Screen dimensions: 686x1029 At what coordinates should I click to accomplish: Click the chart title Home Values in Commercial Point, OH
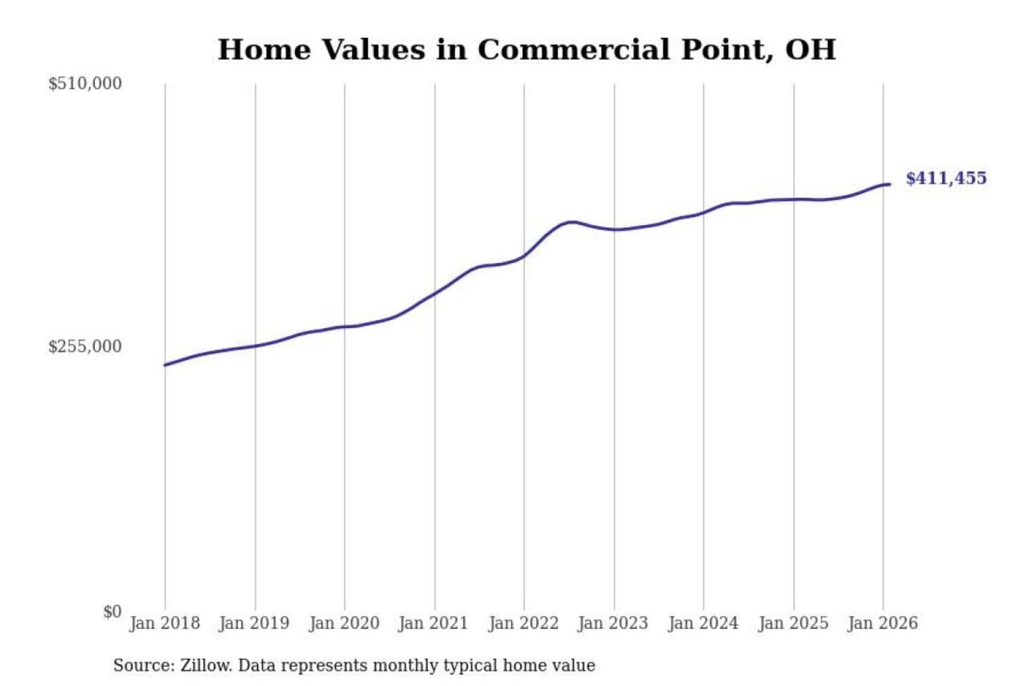coord(527,50)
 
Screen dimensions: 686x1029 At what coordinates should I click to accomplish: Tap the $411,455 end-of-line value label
coord(946,178)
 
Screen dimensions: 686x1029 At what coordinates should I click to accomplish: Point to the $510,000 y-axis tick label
coord(85,84)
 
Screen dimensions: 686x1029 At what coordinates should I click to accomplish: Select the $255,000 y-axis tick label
coord(85,347)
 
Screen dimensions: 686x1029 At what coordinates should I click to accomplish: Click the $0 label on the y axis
coord(112,612)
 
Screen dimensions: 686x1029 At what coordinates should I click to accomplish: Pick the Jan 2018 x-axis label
coord(164,623)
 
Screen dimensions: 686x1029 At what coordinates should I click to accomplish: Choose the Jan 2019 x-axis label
coord(254,623)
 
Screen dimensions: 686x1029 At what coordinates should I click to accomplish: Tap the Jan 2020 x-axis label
coord(344,623)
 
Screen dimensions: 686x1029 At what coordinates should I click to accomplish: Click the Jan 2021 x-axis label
coord(433,623)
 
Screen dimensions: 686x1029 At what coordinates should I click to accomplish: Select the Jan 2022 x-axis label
coord(523,623)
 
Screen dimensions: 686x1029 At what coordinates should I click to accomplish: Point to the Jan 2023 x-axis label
coord(612,623)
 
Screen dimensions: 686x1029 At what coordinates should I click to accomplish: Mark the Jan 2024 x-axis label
coord(702,623)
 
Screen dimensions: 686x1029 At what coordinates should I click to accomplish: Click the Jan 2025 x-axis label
coord(792,623)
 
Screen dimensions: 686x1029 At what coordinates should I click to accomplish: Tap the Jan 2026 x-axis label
coord(883,623)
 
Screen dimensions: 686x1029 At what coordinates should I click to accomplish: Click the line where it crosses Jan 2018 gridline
coord(165,365)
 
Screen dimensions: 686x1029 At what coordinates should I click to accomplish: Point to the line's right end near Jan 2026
coord(889,184)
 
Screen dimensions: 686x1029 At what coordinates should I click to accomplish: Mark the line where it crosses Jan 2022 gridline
coord(524,256)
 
